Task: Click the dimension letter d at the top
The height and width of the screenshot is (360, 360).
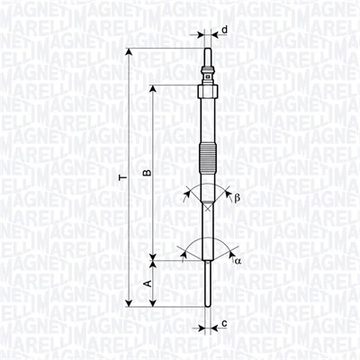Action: (224, 31)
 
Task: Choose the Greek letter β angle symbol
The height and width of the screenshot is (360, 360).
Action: (237, 198)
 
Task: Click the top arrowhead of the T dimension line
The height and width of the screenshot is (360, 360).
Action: (130, 53)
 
